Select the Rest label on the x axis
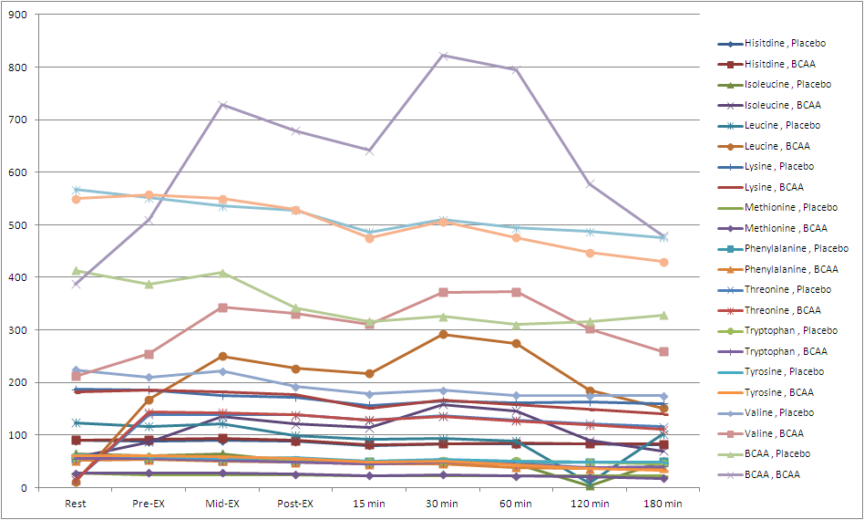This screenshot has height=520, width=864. coord(77,503)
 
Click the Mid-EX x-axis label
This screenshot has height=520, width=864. coord(223,503)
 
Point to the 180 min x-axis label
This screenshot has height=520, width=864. coord(663,503)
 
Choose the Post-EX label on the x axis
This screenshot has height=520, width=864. coord(296,503)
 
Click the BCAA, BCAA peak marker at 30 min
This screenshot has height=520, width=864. coord(444,56)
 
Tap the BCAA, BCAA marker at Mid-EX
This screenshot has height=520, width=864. coord(223,105)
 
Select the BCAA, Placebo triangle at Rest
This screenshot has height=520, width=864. coord(77,271)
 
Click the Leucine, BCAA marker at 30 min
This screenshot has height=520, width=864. coord(444,334)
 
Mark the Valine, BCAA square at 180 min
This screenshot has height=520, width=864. coord(663,352)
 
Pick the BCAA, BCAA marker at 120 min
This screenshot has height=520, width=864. coord(591,184)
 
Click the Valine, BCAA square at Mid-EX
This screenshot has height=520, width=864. coord(223,307)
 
